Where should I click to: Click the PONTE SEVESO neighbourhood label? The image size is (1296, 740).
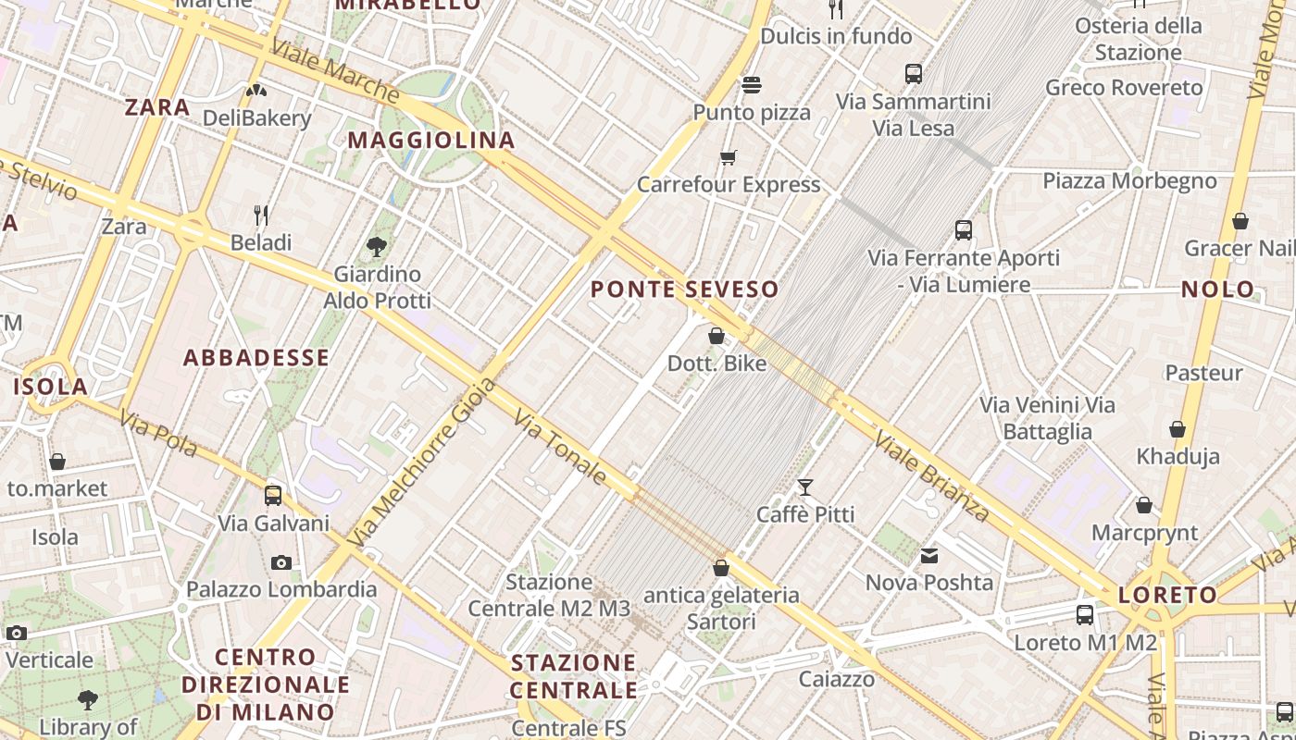[x=685, y=290]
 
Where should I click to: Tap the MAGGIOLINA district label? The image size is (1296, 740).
[x=431, y=141]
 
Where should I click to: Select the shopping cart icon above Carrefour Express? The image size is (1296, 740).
[x=729, y=157]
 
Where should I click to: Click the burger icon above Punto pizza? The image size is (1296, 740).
[x=752, y=85]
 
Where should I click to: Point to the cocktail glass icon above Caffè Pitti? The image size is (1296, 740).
[x=805, y=487]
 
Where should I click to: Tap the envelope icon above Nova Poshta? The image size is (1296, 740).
[x=929, y=556]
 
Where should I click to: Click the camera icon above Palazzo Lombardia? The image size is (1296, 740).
[x=281, y=562]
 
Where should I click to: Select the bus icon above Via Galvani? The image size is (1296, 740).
[x=273, y=495]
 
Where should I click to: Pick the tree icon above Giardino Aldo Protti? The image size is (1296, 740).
[x=377, y=246]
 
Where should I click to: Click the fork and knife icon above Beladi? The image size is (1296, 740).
[x=261, y=216]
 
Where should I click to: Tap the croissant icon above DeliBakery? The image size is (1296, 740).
[x=256, y=91]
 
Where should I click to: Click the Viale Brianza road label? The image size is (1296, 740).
[x=932, y=477]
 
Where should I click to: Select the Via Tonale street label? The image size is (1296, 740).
[x=560, y=449]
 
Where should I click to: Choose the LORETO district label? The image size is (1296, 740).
[x=1167, y=595]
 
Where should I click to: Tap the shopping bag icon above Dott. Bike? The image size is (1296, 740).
[x=717, y=336]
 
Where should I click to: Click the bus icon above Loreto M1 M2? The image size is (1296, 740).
[x=1085, y=614]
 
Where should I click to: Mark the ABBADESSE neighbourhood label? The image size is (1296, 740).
[x=256, y=358]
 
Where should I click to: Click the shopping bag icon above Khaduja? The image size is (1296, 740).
[x=1178, y=429]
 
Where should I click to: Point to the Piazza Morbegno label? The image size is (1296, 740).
[x=1129, y=180]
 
